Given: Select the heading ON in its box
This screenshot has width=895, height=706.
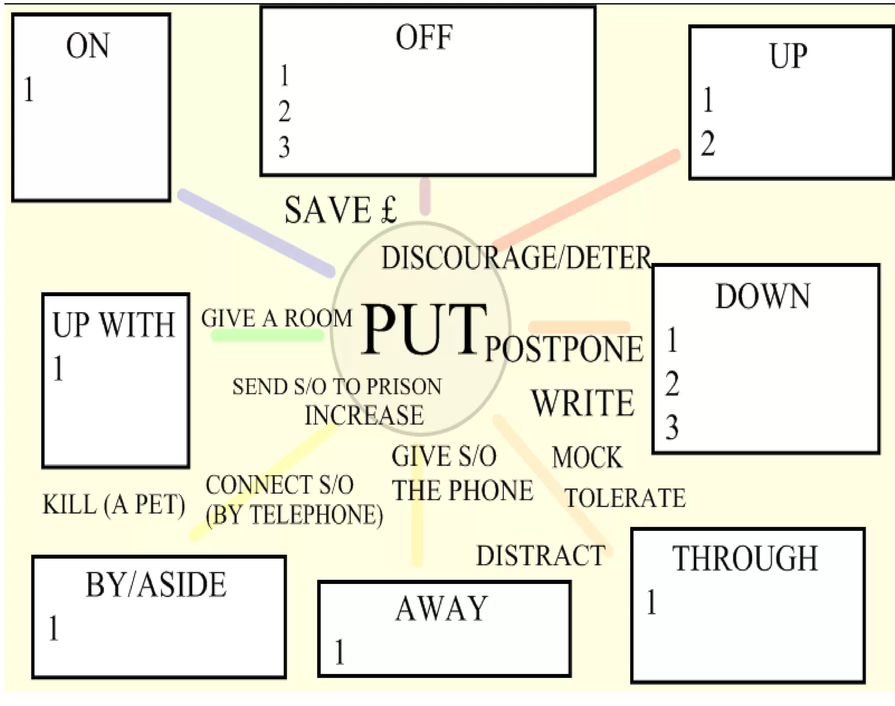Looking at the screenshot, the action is [x=87, y=46].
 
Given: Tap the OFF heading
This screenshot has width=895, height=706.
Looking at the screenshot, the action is [x=423, y=38].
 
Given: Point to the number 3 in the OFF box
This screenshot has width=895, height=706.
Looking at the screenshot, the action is [x=284, y=147].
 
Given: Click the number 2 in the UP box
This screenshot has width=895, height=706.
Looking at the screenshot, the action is [x=708, y=143].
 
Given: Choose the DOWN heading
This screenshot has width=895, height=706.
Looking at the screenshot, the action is [x=763, y=297].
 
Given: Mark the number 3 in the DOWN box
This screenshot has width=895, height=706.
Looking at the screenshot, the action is [x=672, y=427].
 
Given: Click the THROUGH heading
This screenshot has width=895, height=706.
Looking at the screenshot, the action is [x=745, y=559].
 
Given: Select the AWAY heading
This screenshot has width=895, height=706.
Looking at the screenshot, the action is [x=441, y=608].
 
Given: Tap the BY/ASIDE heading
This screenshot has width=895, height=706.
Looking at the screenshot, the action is [x=156, y=585].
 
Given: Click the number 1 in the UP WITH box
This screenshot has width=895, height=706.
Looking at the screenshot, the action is [x=59, y=368].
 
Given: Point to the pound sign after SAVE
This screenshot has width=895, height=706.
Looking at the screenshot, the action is [x=389, y=210].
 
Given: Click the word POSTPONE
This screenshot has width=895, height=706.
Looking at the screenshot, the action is [x=564, y=349].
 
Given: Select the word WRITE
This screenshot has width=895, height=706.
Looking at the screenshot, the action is [x=583, y=403].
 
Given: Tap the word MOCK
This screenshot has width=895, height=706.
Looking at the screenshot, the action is [x=587, y=458].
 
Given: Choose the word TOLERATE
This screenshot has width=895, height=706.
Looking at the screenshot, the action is [x=625, y=498].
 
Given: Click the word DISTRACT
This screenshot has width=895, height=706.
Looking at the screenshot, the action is [x=541, y=556].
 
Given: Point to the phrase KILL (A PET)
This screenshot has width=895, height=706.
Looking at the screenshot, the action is [x=114, y=504].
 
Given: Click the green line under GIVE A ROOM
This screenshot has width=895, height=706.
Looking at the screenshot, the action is [x=267, y=336].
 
